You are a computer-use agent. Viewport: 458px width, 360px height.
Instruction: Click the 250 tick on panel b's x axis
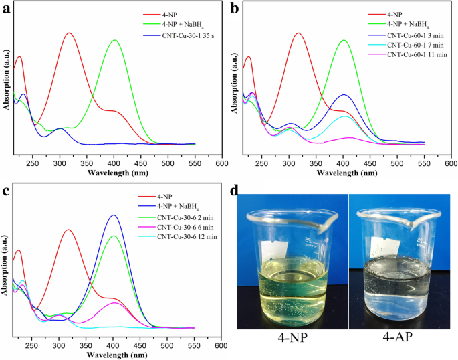(x=261, y=162)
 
